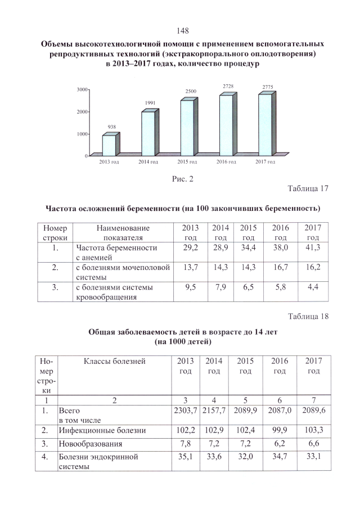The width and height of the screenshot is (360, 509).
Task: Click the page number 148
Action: pyautogui.click(x=182, y=30)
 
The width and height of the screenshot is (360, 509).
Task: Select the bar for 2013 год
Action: pyautogui.click(x=109, y=145)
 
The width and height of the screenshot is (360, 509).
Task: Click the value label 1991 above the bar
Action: pyautogui.click(x=150, y=103)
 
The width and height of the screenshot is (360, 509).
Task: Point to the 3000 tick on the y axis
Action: pyautogui.click(x=82, y=89)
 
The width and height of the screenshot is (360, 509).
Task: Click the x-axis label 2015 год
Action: pyautogui.click(x=187, y=162)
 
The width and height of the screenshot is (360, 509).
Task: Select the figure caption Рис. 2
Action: pyautogui.click(x=182, y=179)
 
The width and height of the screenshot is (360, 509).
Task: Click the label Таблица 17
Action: pyautogui.click(x=308, y=188)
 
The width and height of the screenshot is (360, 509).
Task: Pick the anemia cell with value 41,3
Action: pyautogui.click(x=312, y=247)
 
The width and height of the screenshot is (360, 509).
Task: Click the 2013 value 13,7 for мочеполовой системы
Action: pyautogui.click(x=192, y=268)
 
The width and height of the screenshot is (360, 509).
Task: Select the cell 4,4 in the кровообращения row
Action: pyautogui.click(x=312, y=288)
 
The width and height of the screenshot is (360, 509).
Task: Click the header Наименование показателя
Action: pyautogui.click(x=123, y=233)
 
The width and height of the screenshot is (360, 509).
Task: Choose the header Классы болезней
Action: pyautogui.click(x=115, y=361)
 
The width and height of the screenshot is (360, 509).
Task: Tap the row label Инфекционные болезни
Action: pyautogui.click(x=102, y=430)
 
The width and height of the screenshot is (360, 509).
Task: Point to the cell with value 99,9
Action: pyautogui.click(x=280, y=430)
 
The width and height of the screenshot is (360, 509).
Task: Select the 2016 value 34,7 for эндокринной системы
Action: pyautogui.click(x=280, y=457)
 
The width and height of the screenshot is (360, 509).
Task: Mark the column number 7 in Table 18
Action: pyautogui.click(x=314, y=400)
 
